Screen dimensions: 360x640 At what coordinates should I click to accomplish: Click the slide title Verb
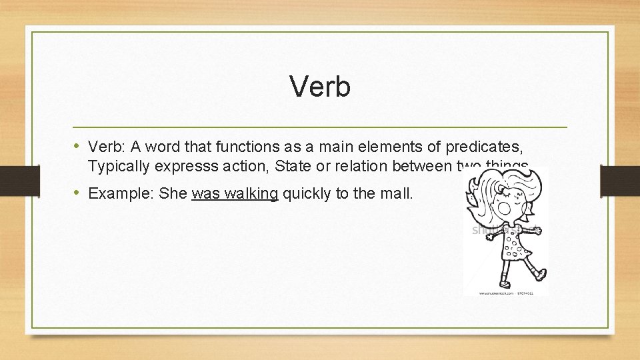click(320, 87)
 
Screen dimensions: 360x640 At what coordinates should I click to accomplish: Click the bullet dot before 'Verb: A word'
click(79, 147)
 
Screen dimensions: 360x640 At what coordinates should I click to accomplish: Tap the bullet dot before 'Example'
click(79, 193)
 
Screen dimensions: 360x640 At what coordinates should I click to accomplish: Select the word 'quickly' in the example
click(305, 194)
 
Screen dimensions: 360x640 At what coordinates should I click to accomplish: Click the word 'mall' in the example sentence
click(399, 194)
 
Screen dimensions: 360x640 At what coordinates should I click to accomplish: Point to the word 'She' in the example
click(175, 194)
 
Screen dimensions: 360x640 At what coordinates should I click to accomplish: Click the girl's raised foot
click(541, 273)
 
